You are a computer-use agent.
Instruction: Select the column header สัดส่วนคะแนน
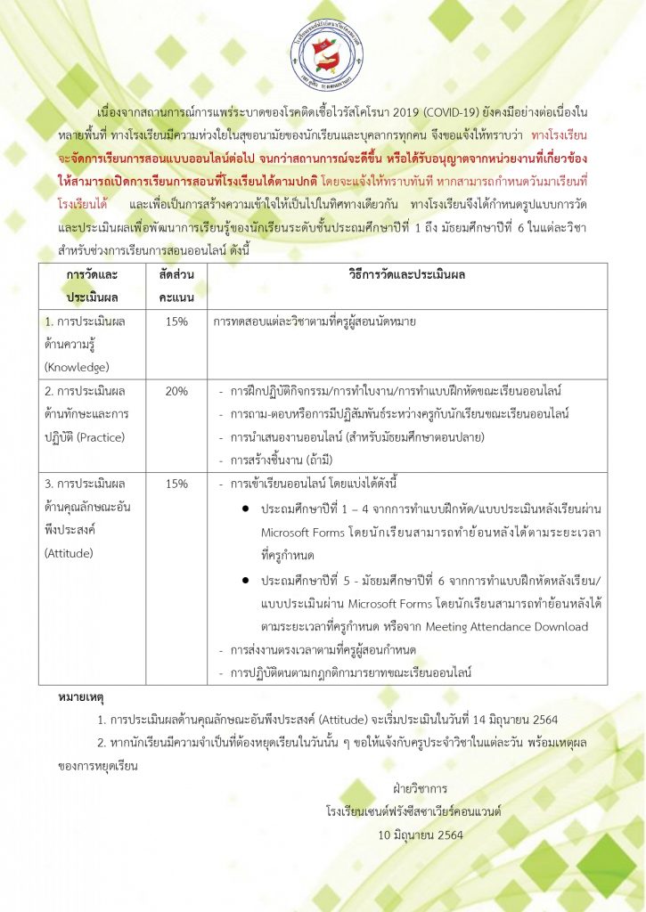(176, 286)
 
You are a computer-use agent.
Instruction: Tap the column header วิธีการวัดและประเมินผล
(407, 275)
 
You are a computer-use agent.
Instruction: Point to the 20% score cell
(176, 390)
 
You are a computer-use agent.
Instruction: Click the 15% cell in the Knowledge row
(176, 321)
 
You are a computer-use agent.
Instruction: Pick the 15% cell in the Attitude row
(176, 484)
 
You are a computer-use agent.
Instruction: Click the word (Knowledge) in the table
(77, 366)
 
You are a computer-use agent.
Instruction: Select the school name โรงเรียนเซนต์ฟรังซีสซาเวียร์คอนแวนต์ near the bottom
(414, 811)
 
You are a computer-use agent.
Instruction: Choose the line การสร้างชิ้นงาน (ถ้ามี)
(273, 460)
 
